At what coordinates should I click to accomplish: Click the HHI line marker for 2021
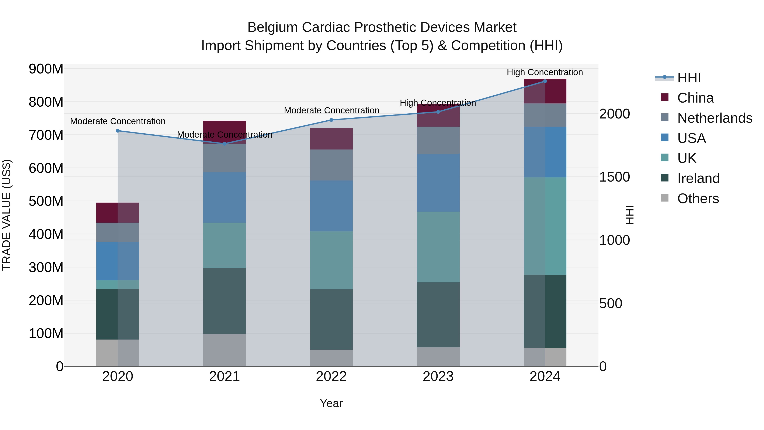[225, 144]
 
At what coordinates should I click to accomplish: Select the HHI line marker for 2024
[545, 81]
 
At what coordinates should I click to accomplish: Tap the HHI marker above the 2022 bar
[331, 120]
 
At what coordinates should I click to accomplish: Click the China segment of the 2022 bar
[331, 139]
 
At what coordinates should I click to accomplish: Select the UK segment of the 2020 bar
[118, 285]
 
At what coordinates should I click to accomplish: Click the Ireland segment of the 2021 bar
[225, 301]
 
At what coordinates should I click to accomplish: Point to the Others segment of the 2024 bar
[545, 357]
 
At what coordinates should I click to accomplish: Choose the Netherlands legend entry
[715, 118]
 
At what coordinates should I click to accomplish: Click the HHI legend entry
[689, 78]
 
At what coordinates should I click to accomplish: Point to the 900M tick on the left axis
[46, 69]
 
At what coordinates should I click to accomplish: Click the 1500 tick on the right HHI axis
[615, 177]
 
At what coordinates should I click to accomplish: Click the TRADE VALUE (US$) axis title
[7, 215]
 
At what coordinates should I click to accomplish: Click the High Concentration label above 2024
[545, 72]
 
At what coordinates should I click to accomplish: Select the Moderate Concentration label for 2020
[118, 121]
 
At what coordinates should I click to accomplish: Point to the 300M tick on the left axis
[46, 267]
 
